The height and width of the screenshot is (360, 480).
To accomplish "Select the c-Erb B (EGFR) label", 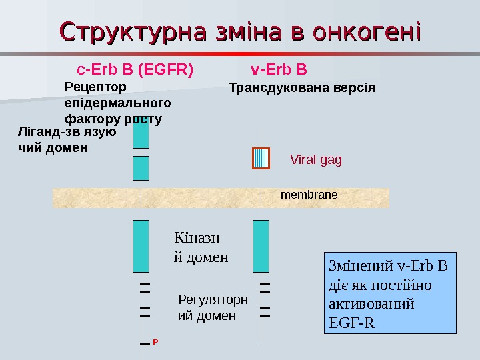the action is (135, 69).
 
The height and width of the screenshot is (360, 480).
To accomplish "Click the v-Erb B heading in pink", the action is (279, 69).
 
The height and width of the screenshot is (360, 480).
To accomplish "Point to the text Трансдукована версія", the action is (302, 87).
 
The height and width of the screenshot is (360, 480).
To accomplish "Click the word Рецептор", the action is (95, 87).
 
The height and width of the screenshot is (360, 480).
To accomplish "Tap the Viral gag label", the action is (316, 160).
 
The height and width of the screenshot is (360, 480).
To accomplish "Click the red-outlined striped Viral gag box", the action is (261, 158).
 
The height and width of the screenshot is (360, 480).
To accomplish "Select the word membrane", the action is (309, 195).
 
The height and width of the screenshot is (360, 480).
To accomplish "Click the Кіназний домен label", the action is (201, 247).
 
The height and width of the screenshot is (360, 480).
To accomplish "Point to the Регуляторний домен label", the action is (213, 307).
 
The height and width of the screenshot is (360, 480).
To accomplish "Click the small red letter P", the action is (155, 341).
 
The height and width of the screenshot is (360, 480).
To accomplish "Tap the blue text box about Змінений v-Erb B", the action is (389, 293).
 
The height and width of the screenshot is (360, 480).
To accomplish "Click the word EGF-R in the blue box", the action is (352, 324).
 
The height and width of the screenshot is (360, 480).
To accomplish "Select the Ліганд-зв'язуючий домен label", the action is (66, 139).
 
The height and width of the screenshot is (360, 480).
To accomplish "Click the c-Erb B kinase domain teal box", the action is (141, 246).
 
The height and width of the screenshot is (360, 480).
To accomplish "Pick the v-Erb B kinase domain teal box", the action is (261, 246).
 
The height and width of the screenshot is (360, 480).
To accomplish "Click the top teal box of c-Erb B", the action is (141, 133).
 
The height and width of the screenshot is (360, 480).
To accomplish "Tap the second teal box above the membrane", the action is (141, 168).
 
